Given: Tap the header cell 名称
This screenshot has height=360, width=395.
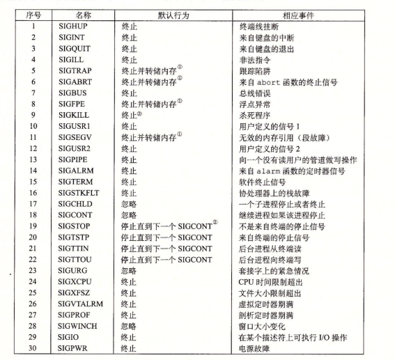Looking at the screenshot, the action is click(83, 13).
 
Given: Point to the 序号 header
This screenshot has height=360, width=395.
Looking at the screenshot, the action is click(31, 13).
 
